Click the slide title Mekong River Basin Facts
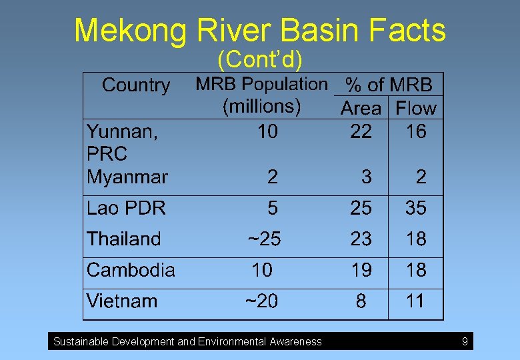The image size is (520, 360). pyautogui.click(x=260, y=31)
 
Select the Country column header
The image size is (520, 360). pyautogui.click(x=136, y=85)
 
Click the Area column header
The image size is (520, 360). pyautogui.click(x=361, y=108)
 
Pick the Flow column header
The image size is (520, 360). pyautogui.click(x=416, y=108)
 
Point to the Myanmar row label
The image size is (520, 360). pyautogui.click(x=127, y=177)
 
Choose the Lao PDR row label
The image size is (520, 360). pyautogui.click(x=126, y=208)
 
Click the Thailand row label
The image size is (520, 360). pyautogui.click(x=124, y=239)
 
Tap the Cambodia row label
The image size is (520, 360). pyautogui.click(x=131, y=270)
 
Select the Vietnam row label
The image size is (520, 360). pyautogui.click(x=122, y=301)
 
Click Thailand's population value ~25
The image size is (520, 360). pyautogui.click(x=264, y=239)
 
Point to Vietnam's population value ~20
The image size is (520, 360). pyautogui.click(x=261, y=301)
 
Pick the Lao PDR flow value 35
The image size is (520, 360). pyautogui.click(x=416, y=208)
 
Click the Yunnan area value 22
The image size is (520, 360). pyautogui.click(x=361, y=131)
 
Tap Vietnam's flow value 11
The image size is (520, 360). pyautogui.click(x=415, y=301)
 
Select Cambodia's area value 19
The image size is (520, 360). pyautogui.click(x=361, y=270)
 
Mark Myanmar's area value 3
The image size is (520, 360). pyautogui.click(x=366, y=177)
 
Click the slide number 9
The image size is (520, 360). pyautogui.click(x=465, y=342)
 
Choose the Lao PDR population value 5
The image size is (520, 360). pyautogui.click(x=272, y=208)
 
